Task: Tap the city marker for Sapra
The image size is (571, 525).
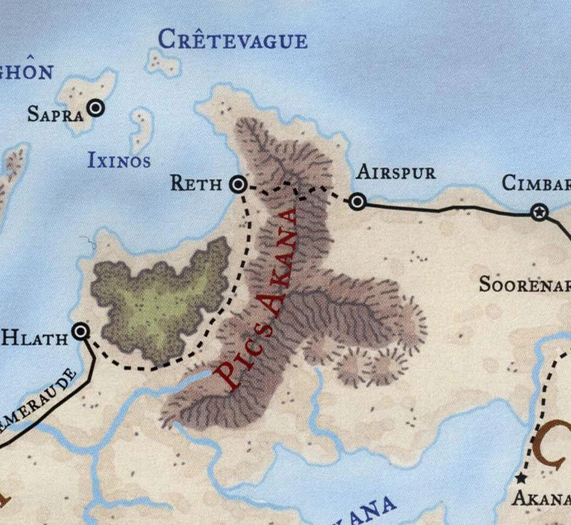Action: [96, 108]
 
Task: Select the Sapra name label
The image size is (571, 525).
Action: [55, 114]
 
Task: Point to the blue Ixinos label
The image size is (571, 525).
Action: [119, 160]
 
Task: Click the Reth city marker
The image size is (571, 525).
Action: [238, 183]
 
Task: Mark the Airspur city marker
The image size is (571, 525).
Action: [358, 201]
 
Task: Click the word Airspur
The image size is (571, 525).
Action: [395, 172]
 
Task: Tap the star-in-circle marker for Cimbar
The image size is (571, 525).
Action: [538, 213]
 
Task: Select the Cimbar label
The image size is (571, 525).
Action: [536, 183]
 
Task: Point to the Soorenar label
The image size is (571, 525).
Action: [524, 285]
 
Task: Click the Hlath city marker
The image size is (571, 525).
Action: [81, 332]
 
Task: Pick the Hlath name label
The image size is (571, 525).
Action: [34, 337]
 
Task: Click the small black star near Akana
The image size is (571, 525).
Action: [521, 476]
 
